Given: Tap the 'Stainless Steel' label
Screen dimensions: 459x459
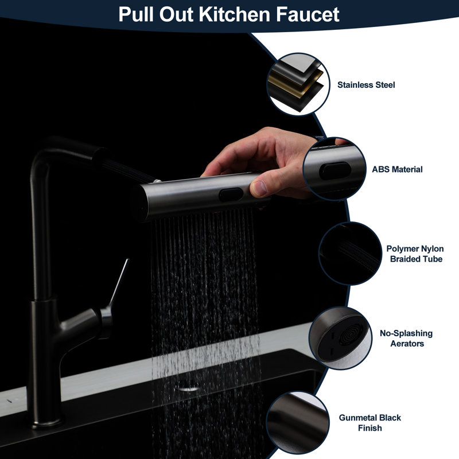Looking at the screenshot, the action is pos(366,85).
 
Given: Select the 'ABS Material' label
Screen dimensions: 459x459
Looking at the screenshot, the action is pos(397,169).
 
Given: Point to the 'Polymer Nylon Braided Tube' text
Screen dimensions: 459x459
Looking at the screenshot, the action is pos(415,254).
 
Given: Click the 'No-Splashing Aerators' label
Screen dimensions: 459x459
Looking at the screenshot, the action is pos(406,338).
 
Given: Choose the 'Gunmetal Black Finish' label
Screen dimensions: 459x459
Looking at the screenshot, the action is pos(369,423).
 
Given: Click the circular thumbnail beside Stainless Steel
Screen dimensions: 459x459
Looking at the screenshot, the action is pos(298,84).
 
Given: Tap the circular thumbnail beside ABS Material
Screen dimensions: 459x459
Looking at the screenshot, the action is pos(334,169).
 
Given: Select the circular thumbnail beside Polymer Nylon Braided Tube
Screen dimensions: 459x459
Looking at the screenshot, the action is pos(350,254).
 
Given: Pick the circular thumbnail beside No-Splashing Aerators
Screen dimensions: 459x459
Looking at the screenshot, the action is pos(340,338).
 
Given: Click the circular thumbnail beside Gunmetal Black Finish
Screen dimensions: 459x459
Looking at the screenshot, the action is pos(298,423).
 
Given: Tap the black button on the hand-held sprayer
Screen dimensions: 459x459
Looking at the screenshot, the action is pos(231,195).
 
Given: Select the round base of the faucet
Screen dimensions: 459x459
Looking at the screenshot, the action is pos(46,423).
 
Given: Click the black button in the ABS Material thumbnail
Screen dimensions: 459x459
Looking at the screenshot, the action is pos(335,171).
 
